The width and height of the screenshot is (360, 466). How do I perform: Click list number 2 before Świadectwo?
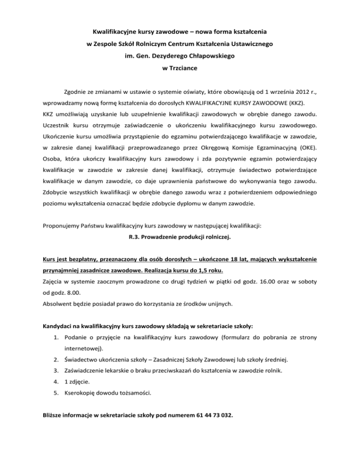[56, 360]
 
